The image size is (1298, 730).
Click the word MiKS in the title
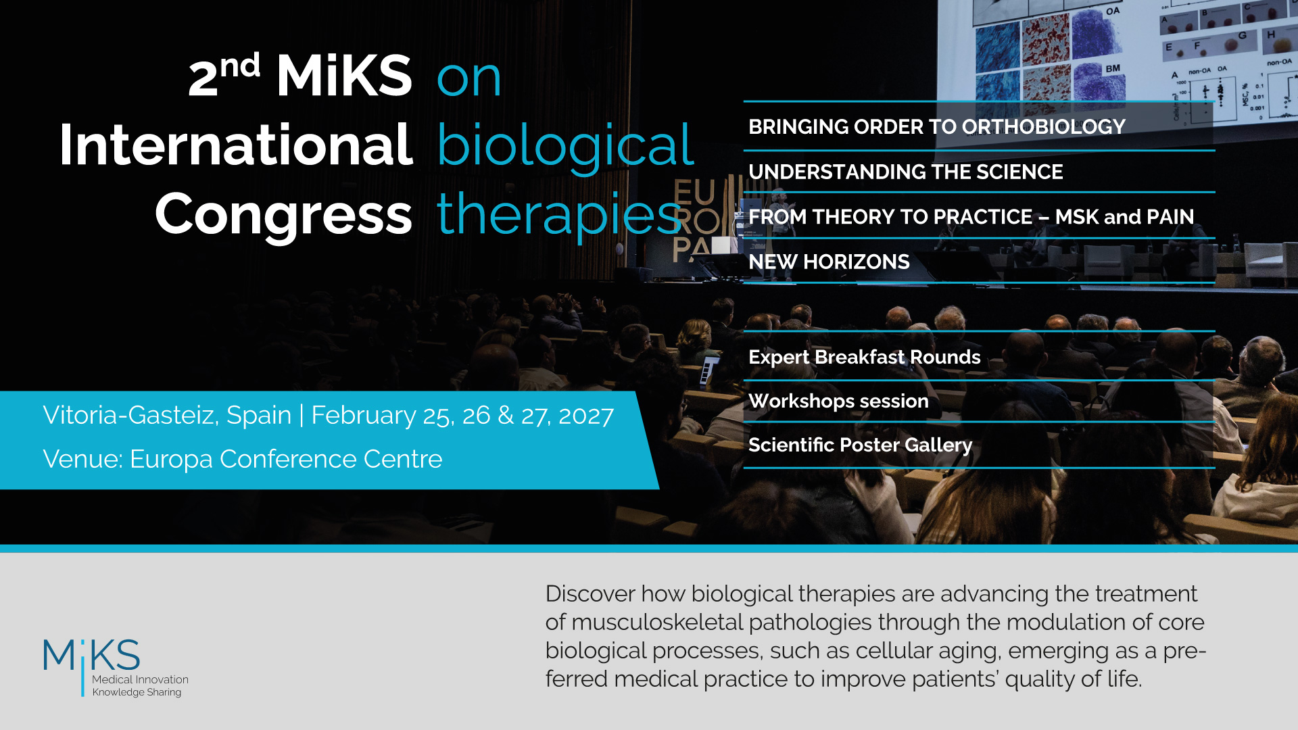[x=344, y=76]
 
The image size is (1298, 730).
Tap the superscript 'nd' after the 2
[x=240, y=66]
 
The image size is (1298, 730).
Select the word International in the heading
[x=236, y=145]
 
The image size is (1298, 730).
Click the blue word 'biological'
[x=565, y=146]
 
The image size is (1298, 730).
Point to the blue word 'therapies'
[x=558, y=215]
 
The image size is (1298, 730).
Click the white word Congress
[x=283, y=215]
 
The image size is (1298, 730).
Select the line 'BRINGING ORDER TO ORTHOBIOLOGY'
[x=936, y=127]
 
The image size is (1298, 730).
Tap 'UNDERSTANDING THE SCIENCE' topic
[x=905, y=172]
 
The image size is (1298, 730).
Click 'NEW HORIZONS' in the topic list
[x=829, y=262]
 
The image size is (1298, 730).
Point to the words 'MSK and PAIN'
[x=1124, y=217]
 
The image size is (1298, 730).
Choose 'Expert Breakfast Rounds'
[x=864, y=357]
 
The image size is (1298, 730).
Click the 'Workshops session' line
[x=838, y=401]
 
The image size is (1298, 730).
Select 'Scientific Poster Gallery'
[x=860, y=445]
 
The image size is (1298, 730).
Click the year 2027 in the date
[x=585, y=416]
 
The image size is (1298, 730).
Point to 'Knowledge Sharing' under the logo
[x=137, y=692]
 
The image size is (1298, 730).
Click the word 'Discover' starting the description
[x=590, y=594]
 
